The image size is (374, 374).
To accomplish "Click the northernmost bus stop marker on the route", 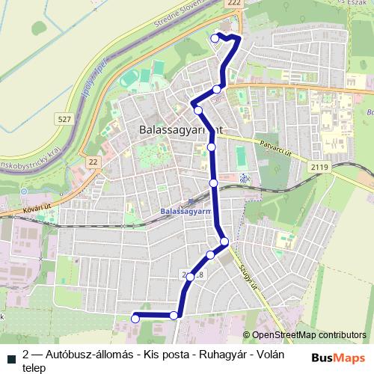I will coord(215,37).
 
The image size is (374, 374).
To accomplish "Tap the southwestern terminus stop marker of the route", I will coord(135,319).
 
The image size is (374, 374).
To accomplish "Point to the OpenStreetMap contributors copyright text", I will coord(308,336).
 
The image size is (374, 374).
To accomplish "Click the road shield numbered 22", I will coord(93,162).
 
